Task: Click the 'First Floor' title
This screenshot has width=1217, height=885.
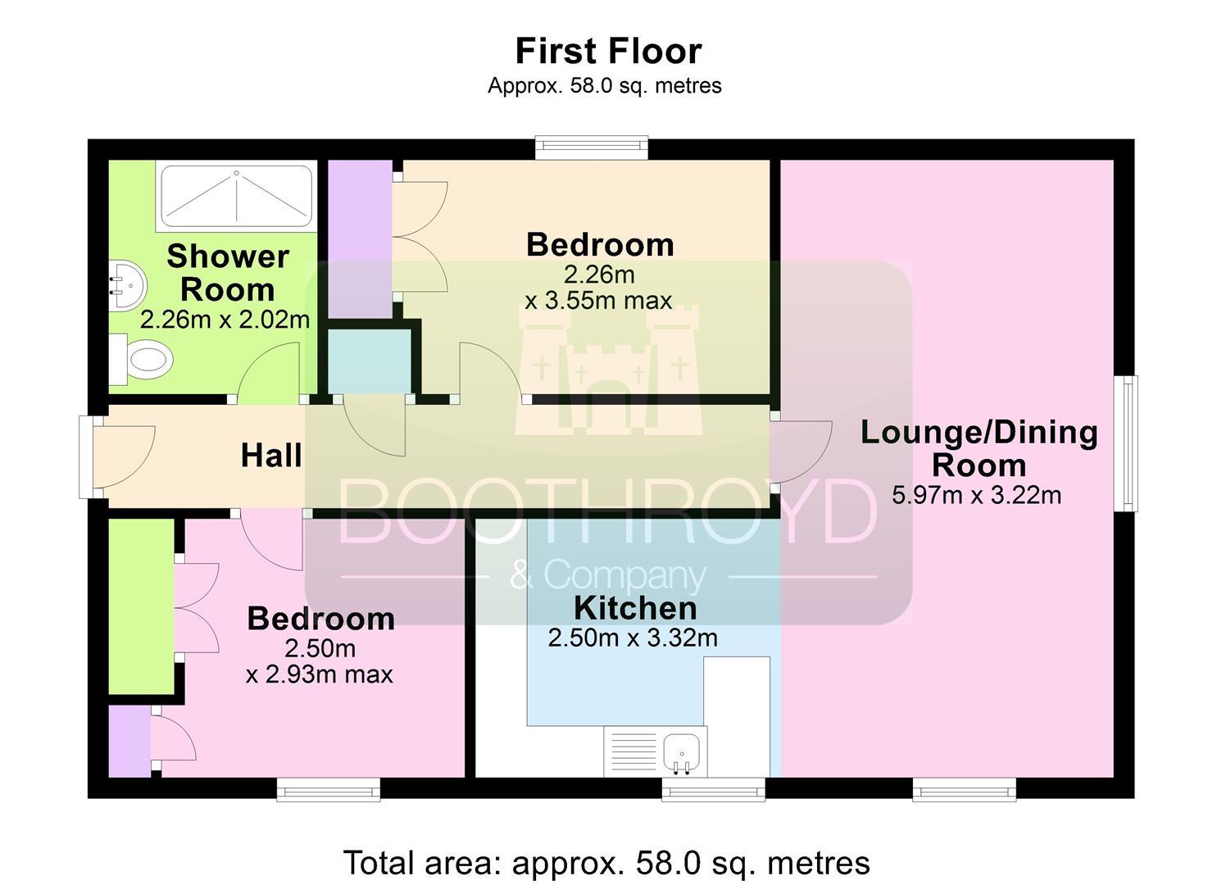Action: [608, 51]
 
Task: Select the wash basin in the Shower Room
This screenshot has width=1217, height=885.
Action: [127, 286]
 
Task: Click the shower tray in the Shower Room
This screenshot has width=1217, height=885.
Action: [236, 196]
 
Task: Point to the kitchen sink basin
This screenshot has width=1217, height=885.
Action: [681, 752]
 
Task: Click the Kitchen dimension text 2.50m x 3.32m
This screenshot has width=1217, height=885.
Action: [633, 638]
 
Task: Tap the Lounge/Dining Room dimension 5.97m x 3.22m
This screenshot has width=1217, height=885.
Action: [976, 495]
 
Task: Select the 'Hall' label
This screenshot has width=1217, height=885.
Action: [271, 456]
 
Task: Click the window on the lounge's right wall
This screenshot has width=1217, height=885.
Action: [1126, 443]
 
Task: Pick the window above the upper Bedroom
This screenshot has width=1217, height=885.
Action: [592, 147]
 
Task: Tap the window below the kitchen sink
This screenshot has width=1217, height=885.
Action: [713, 789]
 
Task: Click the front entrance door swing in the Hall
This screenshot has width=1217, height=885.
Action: [125, 457]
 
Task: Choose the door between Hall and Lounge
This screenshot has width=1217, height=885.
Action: [801, 452]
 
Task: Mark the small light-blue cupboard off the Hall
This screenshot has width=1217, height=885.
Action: [370, 361]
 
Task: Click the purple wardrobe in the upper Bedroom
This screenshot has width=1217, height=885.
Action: [361, 239]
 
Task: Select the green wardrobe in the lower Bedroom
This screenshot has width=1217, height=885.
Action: [141, 606]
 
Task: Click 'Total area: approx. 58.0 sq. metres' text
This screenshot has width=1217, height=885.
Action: [606, 863]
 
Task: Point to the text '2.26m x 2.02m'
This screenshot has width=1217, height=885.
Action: [225, 320]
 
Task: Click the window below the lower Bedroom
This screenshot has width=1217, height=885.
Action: [328, 789]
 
